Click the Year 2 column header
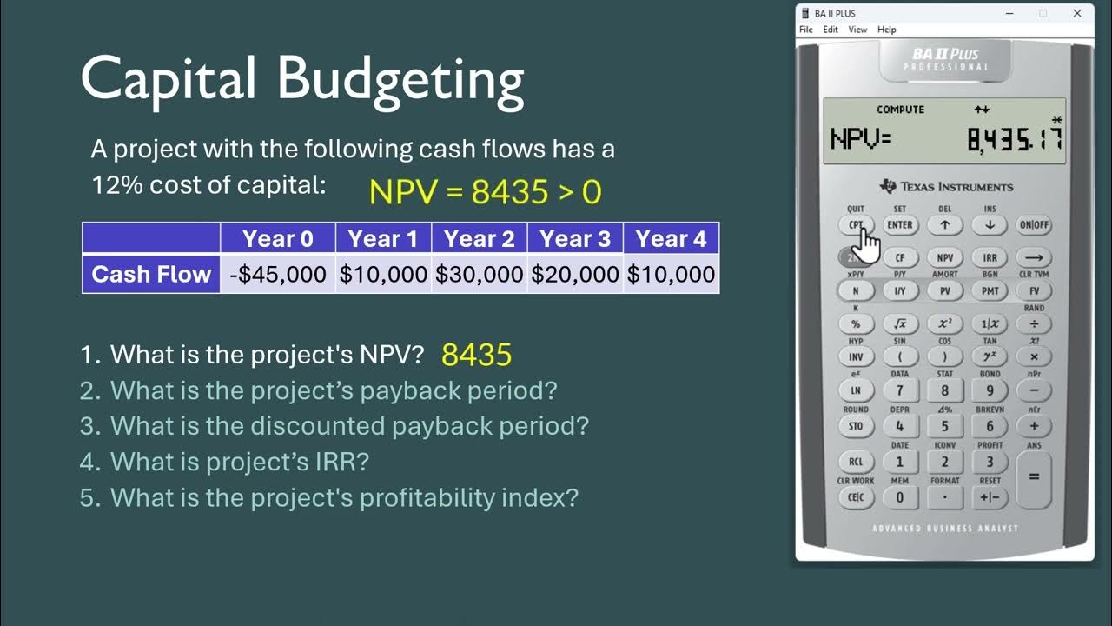pyautogui.click(x=479, y=238)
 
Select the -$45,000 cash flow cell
pyautogui.click(x=278, y=275)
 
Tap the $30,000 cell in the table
pyautogui.click(x=479, y=275)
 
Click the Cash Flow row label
pyautogui.click(x=151, y=275)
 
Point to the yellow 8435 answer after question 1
pyautogui.click(x=476, y=355)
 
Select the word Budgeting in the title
pyautogui.click(x=400, y=80)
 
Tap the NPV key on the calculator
pyautogui.click(x=944, y=258)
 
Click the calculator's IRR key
pyautogui.click(x=990, y=258)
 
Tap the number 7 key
pyautogui.click(x=900, y=390)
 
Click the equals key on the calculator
pyautogui.click(x=1034, y=476)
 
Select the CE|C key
pyautogui.click(x=856, y=497)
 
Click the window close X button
pyautogui.click(x=1077, y=13)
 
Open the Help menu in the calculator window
pyautogui.click(x=886, y=30)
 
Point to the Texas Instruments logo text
pyautogui.click(x=956, y=187)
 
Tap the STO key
pyautogui.click(x=856, y=426)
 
